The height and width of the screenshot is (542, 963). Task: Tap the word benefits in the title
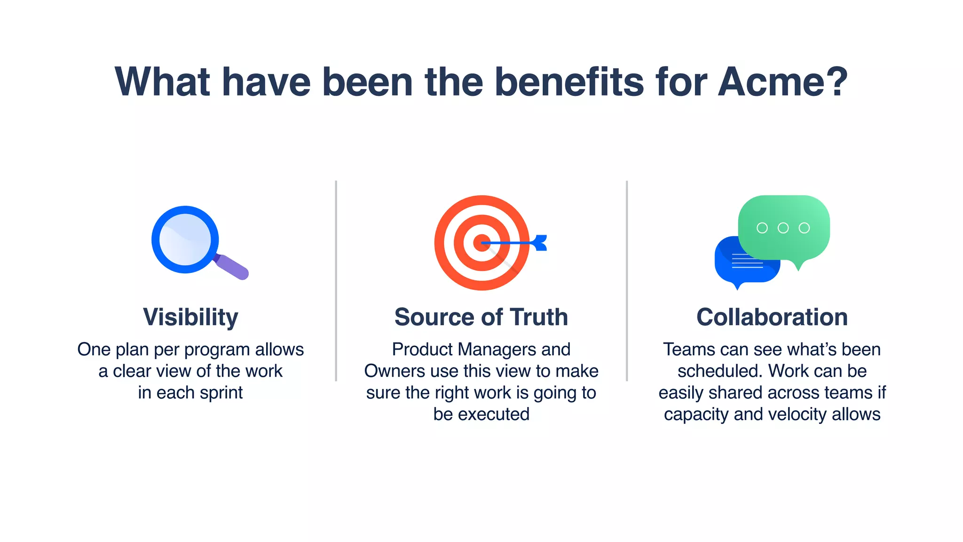click(569, 82)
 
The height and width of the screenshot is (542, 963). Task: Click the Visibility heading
click(190, 317)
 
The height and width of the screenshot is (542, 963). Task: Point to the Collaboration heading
click(772, 317)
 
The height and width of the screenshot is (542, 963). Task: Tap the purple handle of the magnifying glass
click(233, 267)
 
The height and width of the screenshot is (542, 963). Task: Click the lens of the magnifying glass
click(185, 239)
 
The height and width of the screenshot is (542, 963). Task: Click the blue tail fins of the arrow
click(540, 243)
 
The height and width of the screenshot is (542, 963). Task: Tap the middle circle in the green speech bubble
click(783, 228)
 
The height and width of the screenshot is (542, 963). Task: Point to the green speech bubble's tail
click(798, 266)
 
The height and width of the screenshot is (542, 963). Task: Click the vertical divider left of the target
click(336, 281)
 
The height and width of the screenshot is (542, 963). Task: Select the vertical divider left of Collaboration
click(627, 281)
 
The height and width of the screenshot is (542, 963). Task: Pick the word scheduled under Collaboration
click(720, 371)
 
